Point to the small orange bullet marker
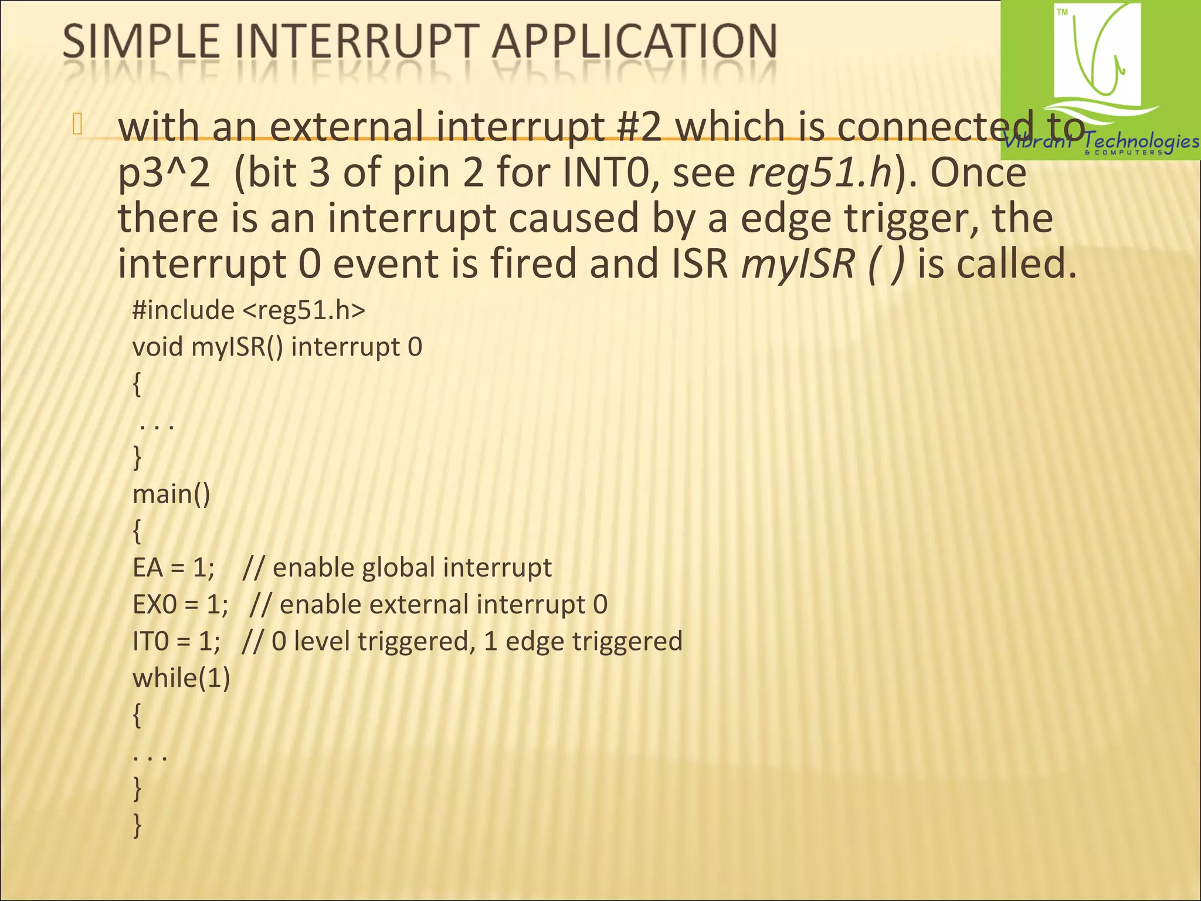[x=77, y=125]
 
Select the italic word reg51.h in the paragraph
[x=820, y=173]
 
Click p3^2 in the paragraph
[x=164, y=174]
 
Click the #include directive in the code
[x=183, y=310]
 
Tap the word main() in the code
[x=171, y=494]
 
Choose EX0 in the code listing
[x=154, y=605]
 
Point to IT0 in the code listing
[x=150, y=641]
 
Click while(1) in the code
[x=181, y=678]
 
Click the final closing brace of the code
[x=137, y=825]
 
